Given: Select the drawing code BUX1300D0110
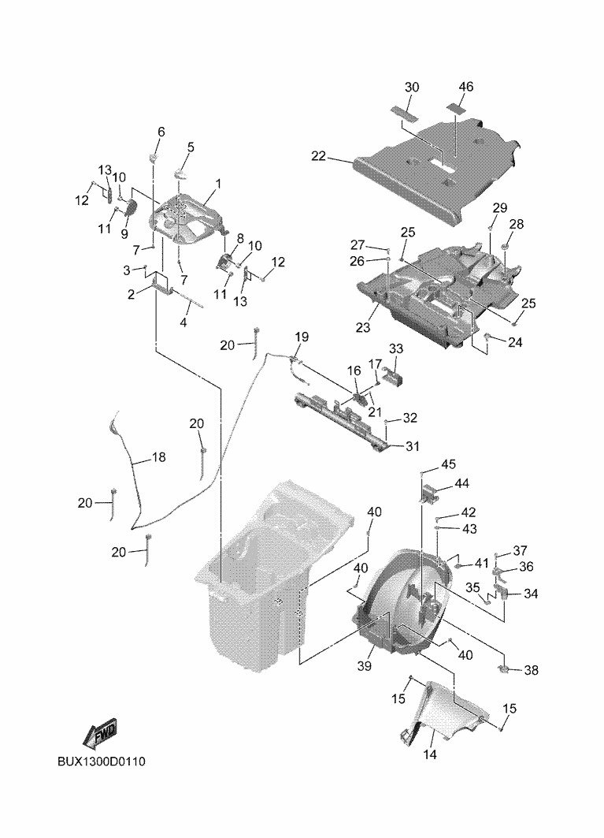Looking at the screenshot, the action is [102, 762].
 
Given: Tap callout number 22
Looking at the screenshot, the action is [319, 156].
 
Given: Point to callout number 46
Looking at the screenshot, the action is [465, 87].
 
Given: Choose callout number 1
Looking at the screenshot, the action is [218, 184].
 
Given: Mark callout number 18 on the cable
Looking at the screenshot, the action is [159, 457].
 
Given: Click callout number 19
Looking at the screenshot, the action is [302, 337].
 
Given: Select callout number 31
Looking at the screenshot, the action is [413, 445].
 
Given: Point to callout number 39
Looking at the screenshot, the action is [365, 666].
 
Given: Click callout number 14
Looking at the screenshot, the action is [430, 754].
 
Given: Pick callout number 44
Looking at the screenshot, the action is [461, 483].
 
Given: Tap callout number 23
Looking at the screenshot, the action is [363, 326].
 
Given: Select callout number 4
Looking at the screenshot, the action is [183, 322].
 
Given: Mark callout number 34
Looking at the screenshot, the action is [531, 594].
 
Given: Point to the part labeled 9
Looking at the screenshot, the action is [129, 207].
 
